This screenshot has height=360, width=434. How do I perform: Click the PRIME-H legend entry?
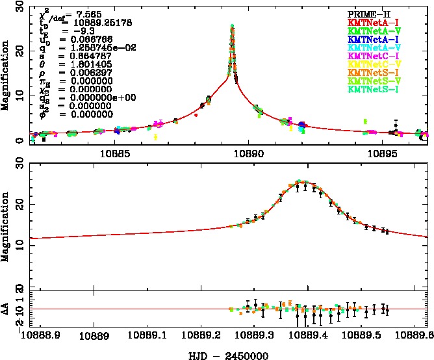point(364,14)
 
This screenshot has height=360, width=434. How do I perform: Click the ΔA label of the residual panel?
point(6,309)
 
